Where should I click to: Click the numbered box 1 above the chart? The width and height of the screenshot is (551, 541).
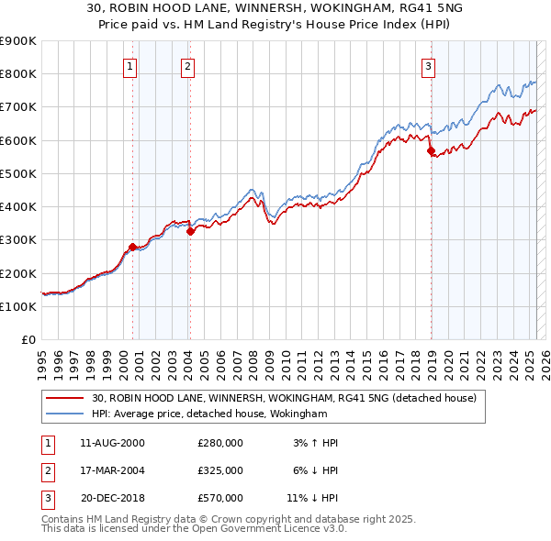click(x=130, y=66)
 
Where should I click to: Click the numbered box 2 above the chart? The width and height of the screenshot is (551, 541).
click(x=187, y=66)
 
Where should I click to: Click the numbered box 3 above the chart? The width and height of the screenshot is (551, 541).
click(x=429, y=66)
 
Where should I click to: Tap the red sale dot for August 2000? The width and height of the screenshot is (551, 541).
click(x=132, y=247)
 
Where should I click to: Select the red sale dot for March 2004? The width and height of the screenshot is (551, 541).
click(x=190, y=232)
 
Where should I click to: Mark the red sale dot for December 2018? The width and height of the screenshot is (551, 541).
click(x=431, y=150)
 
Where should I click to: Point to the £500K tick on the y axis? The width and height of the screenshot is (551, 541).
click(x=18, y=173)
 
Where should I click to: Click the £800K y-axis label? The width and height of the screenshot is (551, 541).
click(x=18, y=73)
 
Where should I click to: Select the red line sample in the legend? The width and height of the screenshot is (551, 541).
click(x=65, y=399)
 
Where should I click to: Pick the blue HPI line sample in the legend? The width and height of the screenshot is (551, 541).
click(x=65, y=414)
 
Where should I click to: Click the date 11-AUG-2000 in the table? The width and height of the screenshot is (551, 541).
click(x=113, y=443)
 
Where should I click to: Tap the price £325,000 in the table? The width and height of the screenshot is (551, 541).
click(x=220, y=470)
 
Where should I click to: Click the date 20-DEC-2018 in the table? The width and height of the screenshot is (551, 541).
click(x=113, y=498)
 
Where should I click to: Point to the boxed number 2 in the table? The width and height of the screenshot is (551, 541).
click(x=46, y=470)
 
